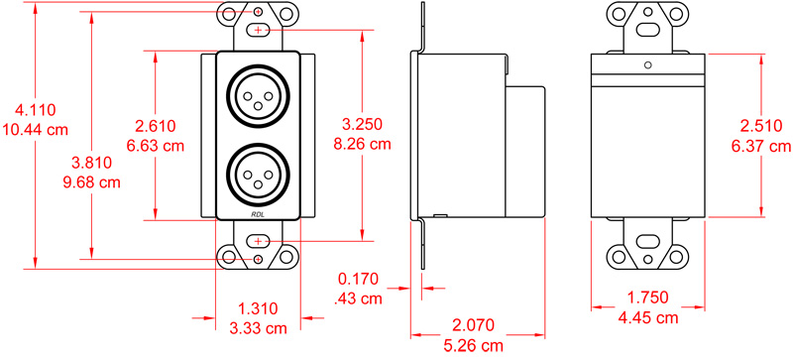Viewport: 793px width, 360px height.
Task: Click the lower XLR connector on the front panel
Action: [x=258, y=176]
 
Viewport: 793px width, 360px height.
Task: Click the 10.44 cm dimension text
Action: [x=35, y=130]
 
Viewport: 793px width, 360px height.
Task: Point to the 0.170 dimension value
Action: [x=358, y=279]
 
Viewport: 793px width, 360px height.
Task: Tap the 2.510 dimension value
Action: [x=763, y=126]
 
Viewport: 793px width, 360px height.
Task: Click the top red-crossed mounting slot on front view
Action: [x=258, y=31]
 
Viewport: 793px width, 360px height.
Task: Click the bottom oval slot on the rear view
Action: [x=646, y=241]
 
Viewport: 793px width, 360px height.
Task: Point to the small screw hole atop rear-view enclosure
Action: [x=646, y=65]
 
